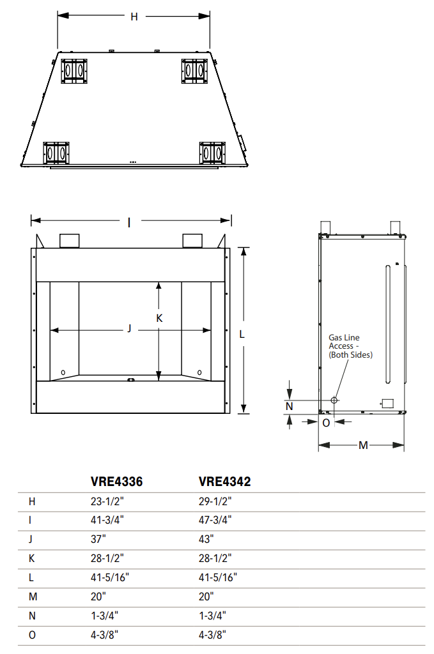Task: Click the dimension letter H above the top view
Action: pyautogui.click(x=134, y=17)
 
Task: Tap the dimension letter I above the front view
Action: pyautogui.click(x=130, y=222)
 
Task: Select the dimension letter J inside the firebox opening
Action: pyautogui.click(x=129, y=329)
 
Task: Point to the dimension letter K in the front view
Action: pyautogui.click(x=160, y=317)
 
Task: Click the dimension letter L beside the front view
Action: pyautogui.click(x=242, y=333)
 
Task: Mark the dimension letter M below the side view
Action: pyautogui.click(x=363, y=445)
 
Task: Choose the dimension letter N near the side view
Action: pyautogui.click(x=290, y=406)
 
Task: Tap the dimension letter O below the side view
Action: pyautogui.click(x=326, y=422)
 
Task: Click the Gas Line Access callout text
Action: pyautogui.click(x=350, y=346)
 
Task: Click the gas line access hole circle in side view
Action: pyautogui.click(x=334, y=400)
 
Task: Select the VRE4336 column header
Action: pyautogui.click(x=116, y=482)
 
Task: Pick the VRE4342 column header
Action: pyautogui.click(x=224, y=482)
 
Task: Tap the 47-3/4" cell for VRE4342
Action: pyautogui.click(x=215, y=520)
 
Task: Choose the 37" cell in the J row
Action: pyautogui.click(x=98, y=539)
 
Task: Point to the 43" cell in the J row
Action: pyautogui.click(x=206, y=539)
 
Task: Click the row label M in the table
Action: pyautogui.click(x=32, y=597)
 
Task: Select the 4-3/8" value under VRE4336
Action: pyautogui.click(x=104, y=634)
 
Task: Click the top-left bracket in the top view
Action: pyautogui.click(x=75, y=71)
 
